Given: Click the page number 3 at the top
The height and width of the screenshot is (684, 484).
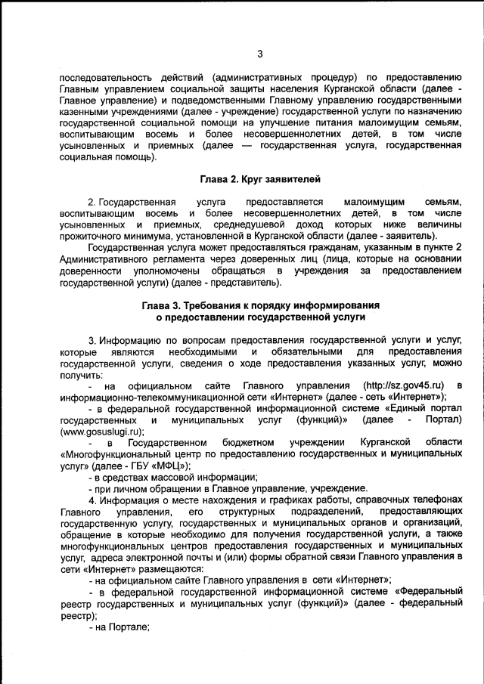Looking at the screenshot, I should [x=259, y=54].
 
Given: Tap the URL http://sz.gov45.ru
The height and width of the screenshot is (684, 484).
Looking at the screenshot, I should [x=402, y=386].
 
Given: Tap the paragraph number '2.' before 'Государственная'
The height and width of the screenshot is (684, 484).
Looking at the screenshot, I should [x=92, y=202].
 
